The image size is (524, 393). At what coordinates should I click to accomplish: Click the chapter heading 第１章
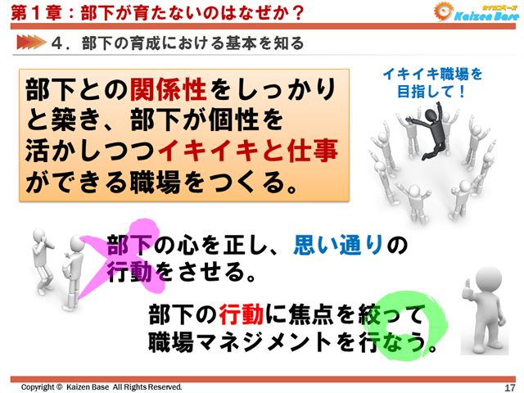[28, 13]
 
